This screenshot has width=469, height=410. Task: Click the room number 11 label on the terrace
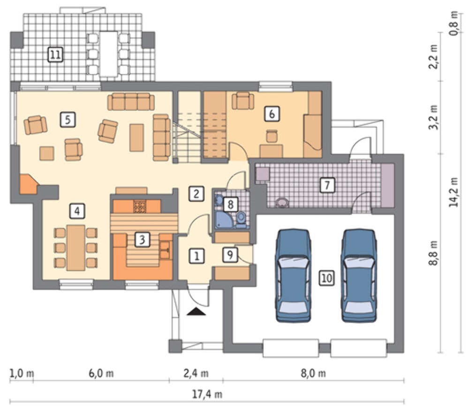pos(55,54)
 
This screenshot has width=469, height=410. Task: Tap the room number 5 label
pos(68,120)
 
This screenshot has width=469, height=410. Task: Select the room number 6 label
pos(272,114)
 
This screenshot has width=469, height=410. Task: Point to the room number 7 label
pos(327,185)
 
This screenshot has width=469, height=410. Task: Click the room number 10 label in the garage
pos(326,278)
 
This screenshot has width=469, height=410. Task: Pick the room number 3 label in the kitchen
pos(142,239)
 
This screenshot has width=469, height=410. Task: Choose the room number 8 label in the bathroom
pos(230,205)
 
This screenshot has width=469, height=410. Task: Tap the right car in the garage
pos(359,275)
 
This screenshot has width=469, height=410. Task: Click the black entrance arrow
pos(196,311)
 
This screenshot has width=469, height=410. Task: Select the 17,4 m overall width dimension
pos(207,395)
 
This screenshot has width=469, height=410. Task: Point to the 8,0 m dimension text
pos(313,373)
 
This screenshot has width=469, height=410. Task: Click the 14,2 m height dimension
pos(454,192)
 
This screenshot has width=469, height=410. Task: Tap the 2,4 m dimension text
pos(196,373)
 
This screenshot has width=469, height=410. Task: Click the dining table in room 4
pos(76,248)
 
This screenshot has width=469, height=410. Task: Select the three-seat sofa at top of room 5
pos(131,102)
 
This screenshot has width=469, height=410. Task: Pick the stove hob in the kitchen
pos(140,206)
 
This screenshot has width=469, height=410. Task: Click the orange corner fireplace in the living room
pos(28,184)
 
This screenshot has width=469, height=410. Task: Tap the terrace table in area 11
pos(109,54)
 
